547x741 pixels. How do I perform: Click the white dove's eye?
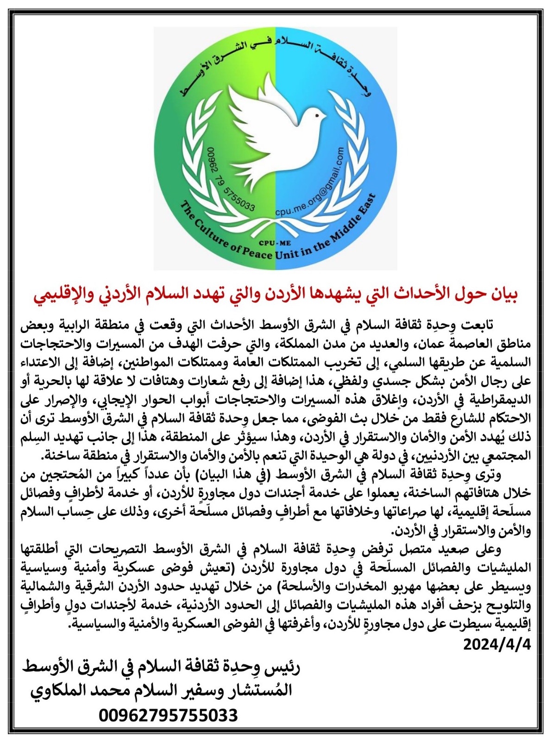click(x=317, y=114)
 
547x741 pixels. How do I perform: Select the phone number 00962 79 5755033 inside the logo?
click(x=230, y=181)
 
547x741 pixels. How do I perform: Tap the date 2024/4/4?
click(x=497, y=644)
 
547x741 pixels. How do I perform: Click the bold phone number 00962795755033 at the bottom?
click(x=168, y=716)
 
